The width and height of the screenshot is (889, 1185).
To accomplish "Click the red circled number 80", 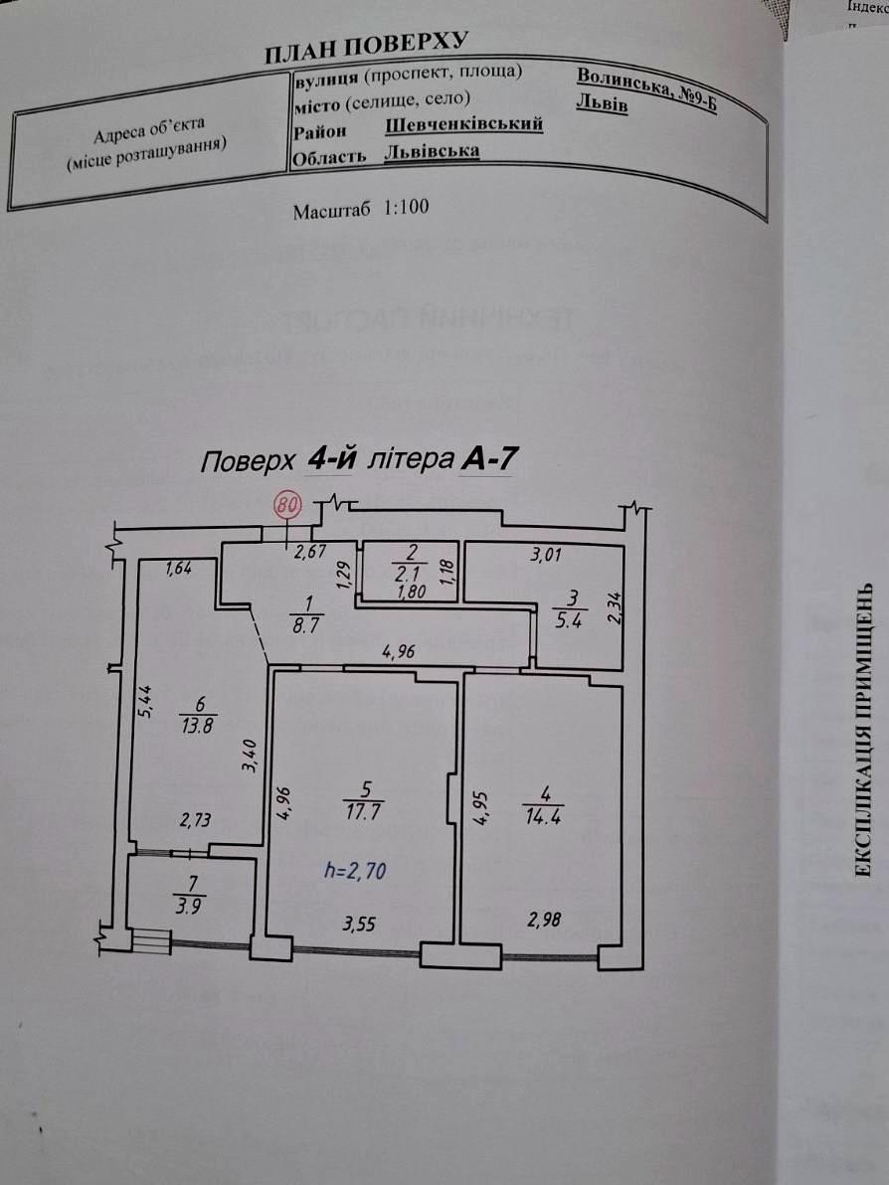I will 286,505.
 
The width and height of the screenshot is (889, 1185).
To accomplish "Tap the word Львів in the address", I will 602,104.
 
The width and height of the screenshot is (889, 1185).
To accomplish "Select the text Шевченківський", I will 463,124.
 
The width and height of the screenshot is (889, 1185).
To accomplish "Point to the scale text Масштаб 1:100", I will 361,211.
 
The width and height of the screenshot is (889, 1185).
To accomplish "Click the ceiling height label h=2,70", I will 355,871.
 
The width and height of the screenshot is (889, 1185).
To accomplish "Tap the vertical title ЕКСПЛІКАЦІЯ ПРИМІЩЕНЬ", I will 864,731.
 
